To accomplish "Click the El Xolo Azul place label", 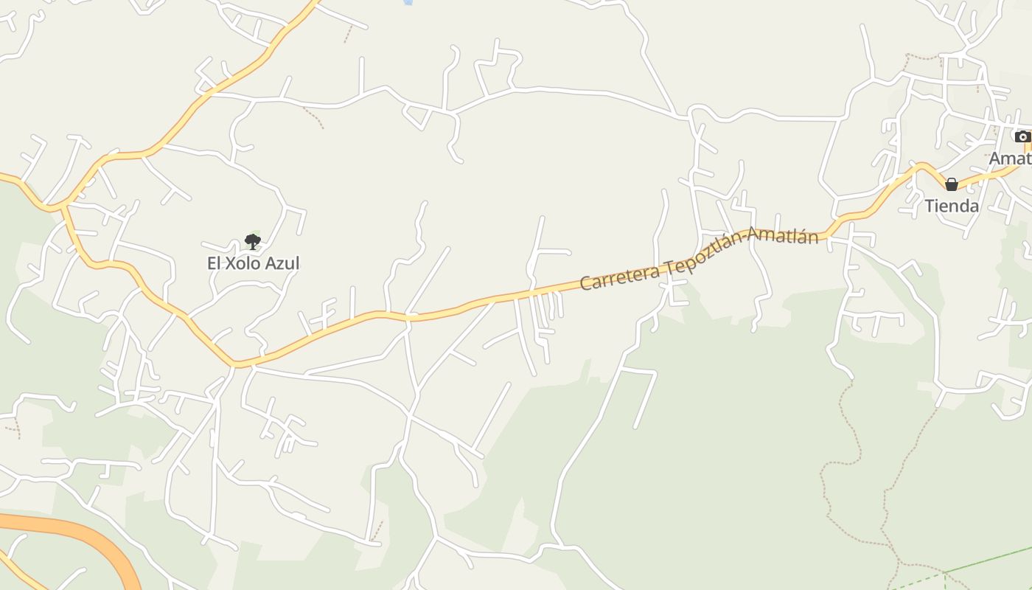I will (253, 263).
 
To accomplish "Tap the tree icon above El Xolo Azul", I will (253, 241).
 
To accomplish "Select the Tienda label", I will (952, 206).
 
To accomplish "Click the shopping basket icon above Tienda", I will (952, 184).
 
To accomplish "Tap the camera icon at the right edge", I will (1022, 136).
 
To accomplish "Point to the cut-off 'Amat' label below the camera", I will (1010, 159).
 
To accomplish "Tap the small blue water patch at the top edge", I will (407, 3).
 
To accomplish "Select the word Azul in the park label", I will (283, 263).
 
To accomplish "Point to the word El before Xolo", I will (215, 263).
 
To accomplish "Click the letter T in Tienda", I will (930, 206).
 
